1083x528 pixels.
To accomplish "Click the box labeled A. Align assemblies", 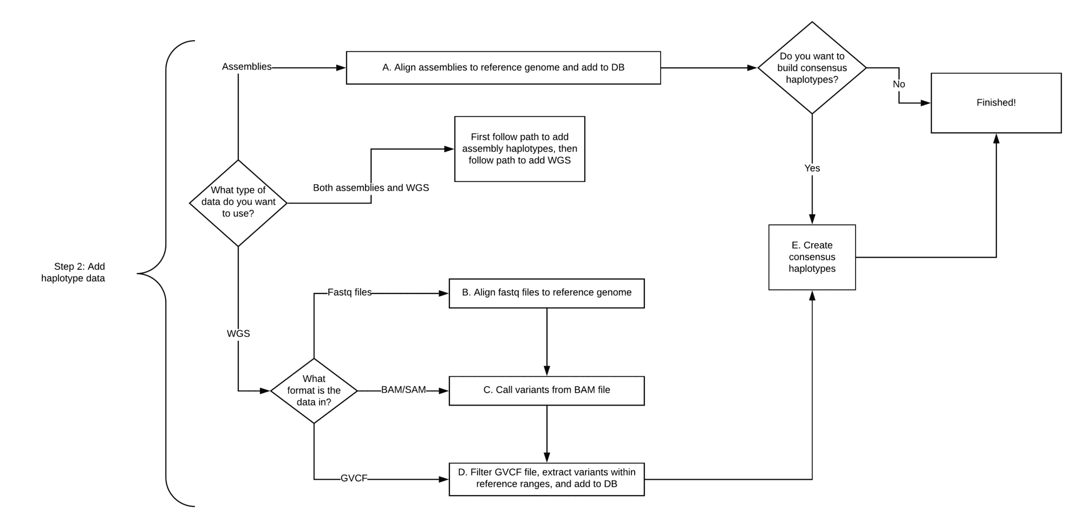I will [503, 68].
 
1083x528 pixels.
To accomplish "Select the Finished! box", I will [996, 103].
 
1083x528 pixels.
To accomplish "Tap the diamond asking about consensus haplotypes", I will [812, 68].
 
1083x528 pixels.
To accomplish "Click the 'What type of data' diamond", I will [238, 203].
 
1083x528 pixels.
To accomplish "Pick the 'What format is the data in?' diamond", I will [314, 390].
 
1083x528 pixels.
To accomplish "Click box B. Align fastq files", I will [546, 293].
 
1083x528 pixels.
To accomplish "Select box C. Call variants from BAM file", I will [546, 390].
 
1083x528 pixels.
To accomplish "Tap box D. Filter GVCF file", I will [546, 479].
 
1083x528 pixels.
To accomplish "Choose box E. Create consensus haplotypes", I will [812, 257].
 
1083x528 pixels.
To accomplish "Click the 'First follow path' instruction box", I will [519, 149].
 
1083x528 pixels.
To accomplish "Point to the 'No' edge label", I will [899, 84].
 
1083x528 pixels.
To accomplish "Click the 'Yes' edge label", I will [812, 168].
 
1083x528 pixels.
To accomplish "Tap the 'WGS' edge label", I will [238, 334].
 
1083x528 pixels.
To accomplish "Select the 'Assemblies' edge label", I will [246, 67].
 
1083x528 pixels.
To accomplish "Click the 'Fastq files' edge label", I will [349, 292].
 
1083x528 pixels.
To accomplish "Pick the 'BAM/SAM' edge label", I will [403, 390].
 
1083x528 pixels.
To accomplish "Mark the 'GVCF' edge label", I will [354, 479].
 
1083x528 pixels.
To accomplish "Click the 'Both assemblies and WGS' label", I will [371, 188].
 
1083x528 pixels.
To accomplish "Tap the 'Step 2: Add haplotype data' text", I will [74, 272].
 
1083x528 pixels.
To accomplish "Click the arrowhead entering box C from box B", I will [547, 371].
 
